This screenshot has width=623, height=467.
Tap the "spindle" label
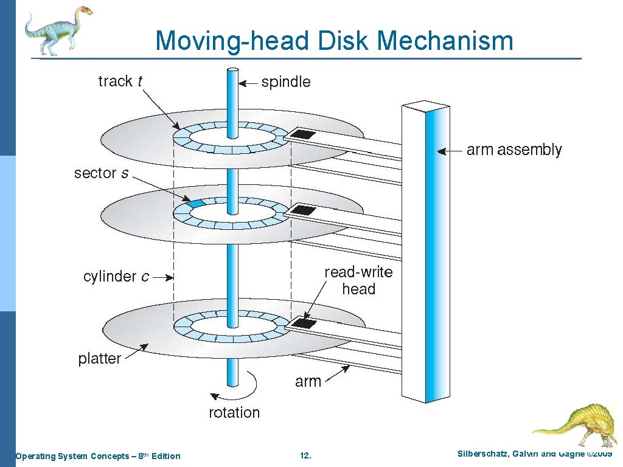(x=285, y=82)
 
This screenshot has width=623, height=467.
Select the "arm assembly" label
(x=514, y=150)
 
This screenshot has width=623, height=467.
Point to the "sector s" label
(x=101, y=173)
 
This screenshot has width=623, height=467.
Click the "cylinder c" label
(x=116, y=277)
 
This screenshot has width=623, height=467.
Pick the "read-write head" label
(x=358, y=280)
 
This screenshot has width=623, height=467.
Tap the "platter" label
(x=99, y=359)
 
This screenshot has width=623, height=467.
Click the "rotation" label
(x=234, y=413)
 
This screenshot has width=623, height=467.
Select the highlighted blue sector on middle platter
(x=196, y=203)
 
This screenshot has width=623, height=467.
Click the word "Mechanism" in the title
(x=445, y=41)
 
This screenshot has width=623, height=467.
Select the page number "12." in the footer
(x=306, y=456)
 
